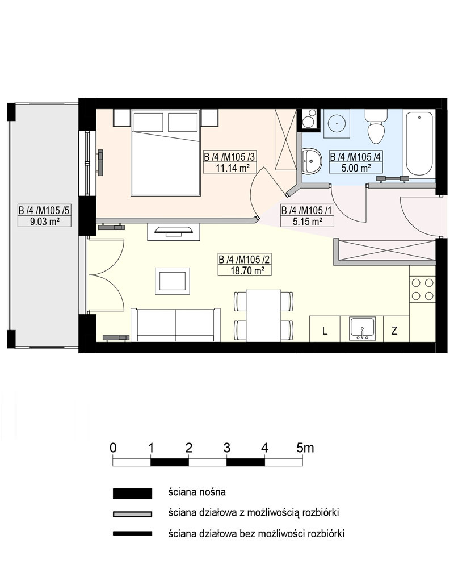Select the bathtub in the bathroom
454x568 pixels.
point(419,144)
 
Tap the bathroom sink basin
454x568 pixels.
point(312,161)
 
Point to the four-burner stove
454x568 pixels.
point(422,289)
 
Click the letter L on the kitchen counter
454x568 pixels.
point(325,331)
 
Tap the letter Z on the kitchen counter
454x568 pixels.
point(394,331)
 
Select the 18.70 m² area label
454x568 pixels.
point(247,270)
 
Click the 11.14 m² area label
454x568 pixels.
point(233,168)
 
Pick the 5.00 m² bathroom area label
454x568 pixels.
point(356,168)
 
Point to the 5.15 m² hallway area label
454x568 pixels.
point(308,222)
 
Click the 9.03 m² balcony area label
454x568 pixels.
point(45,222)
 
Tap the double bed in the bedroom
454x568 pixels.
point(166,153)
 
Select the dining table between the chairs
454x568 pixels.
point(263,315)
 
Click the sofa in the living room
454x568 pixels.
point(175,325)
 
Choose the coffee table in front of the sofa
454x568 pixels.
point(173,281)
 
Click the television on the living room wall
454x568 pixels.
point(173,231)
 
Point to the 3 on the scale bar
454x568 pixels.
point(226,448)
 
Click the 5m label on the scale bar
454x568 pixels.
point(305,448)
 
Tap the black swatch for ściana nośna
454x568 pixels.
point(132,494)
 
